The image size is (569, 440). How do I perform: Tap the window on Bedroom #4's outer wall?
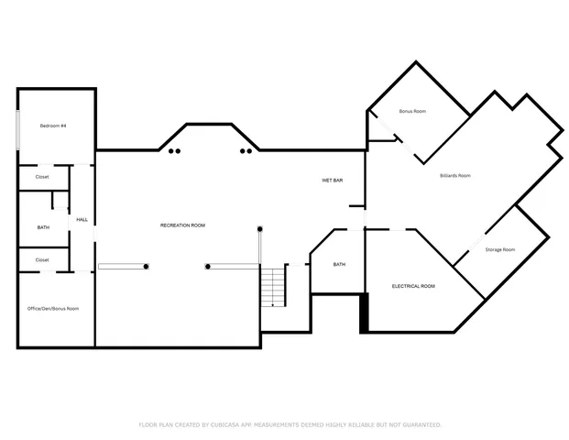point(17,130)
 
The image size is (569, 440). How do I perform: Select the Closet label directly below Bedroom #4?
point(42,176)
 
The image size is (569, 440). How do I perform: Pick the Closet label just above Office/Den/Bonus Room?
point(42,259)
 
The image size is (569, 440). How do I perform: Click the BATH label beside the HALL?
point(43,227)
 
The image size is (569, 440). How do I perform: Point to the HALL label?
point(82,220)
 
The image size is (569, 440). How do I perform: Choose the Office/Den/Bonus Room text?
point(53,308)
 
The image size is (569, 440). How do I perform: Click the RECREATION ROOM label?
point(182,225)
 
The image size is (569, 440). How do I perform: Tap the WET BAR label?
point(332,181)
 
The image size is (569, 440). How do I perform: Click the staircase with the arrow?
point(274,286)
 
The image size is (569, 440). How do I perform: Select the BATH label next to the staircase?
point(339,265)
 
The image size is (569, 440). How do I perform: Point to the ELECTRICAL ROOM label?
point(413,286)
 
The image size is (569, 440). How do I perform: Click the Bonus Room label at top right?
point(412,111)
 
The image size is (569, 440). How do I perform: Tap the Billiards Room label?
point(454,175)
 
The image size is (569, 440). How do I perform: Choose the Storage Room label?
point(500,249)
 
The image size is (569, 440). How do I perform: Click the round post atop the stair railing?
point(260,228)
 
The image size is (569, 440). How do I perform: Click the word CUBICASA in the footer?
point(235,424)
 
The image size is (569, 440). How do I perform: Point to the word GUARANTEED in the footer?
point(418,424)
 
